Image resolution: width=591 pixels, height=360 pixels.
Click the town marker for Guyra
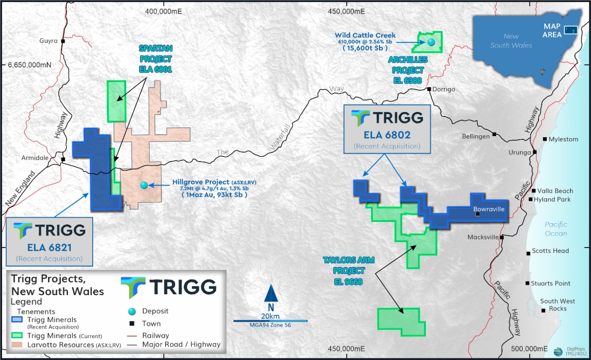[63, 41]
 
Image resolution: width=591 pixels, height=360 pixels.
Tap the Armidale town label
[35, 158]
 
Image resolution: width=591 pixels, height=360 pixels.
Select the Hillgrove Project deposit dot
[144, 185]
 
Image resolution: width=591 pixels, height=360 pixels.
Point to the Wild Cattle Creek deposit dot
[431, 42]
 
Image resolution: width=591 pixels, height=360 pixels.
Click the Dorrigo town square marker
[429, 89]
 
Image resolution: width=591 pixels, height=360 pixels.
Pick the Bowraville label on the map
[489, 209]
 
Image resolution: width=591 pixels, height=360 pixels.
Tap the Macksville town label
[483, 237]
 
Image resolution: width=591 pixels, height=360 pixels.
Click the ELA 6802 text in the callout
[387, 135]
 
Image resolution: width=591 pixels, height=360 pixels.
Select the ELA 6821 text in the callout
[49, 248]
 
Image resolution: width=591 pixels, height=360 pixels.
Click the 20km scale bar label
[270, 316]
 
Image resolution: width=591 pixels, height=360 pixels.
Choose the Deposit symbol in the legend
[132, 312]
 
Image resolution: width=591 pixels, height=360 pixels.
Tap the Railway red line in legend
[132, 336]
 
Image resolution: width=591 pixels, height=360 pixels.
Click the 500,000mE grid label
[529, 349]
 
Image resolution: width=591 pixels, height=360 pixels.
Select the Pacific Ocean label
[556, 229]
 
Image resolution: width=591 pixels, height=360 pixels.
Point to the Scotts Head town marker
[528, 253]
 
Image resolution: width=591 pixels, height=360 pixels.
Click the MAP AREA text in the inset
[552, 30]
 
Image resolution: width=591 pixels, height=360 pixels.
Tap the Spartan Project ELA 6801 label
[155, 59]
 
